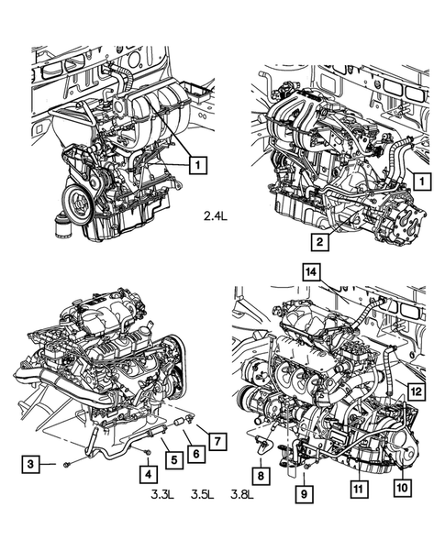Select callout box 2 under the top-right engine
coord(319,242)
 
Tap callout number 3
coord(31,466)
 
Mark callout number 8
coord(261,476)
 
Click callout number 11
coord(357,490)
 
